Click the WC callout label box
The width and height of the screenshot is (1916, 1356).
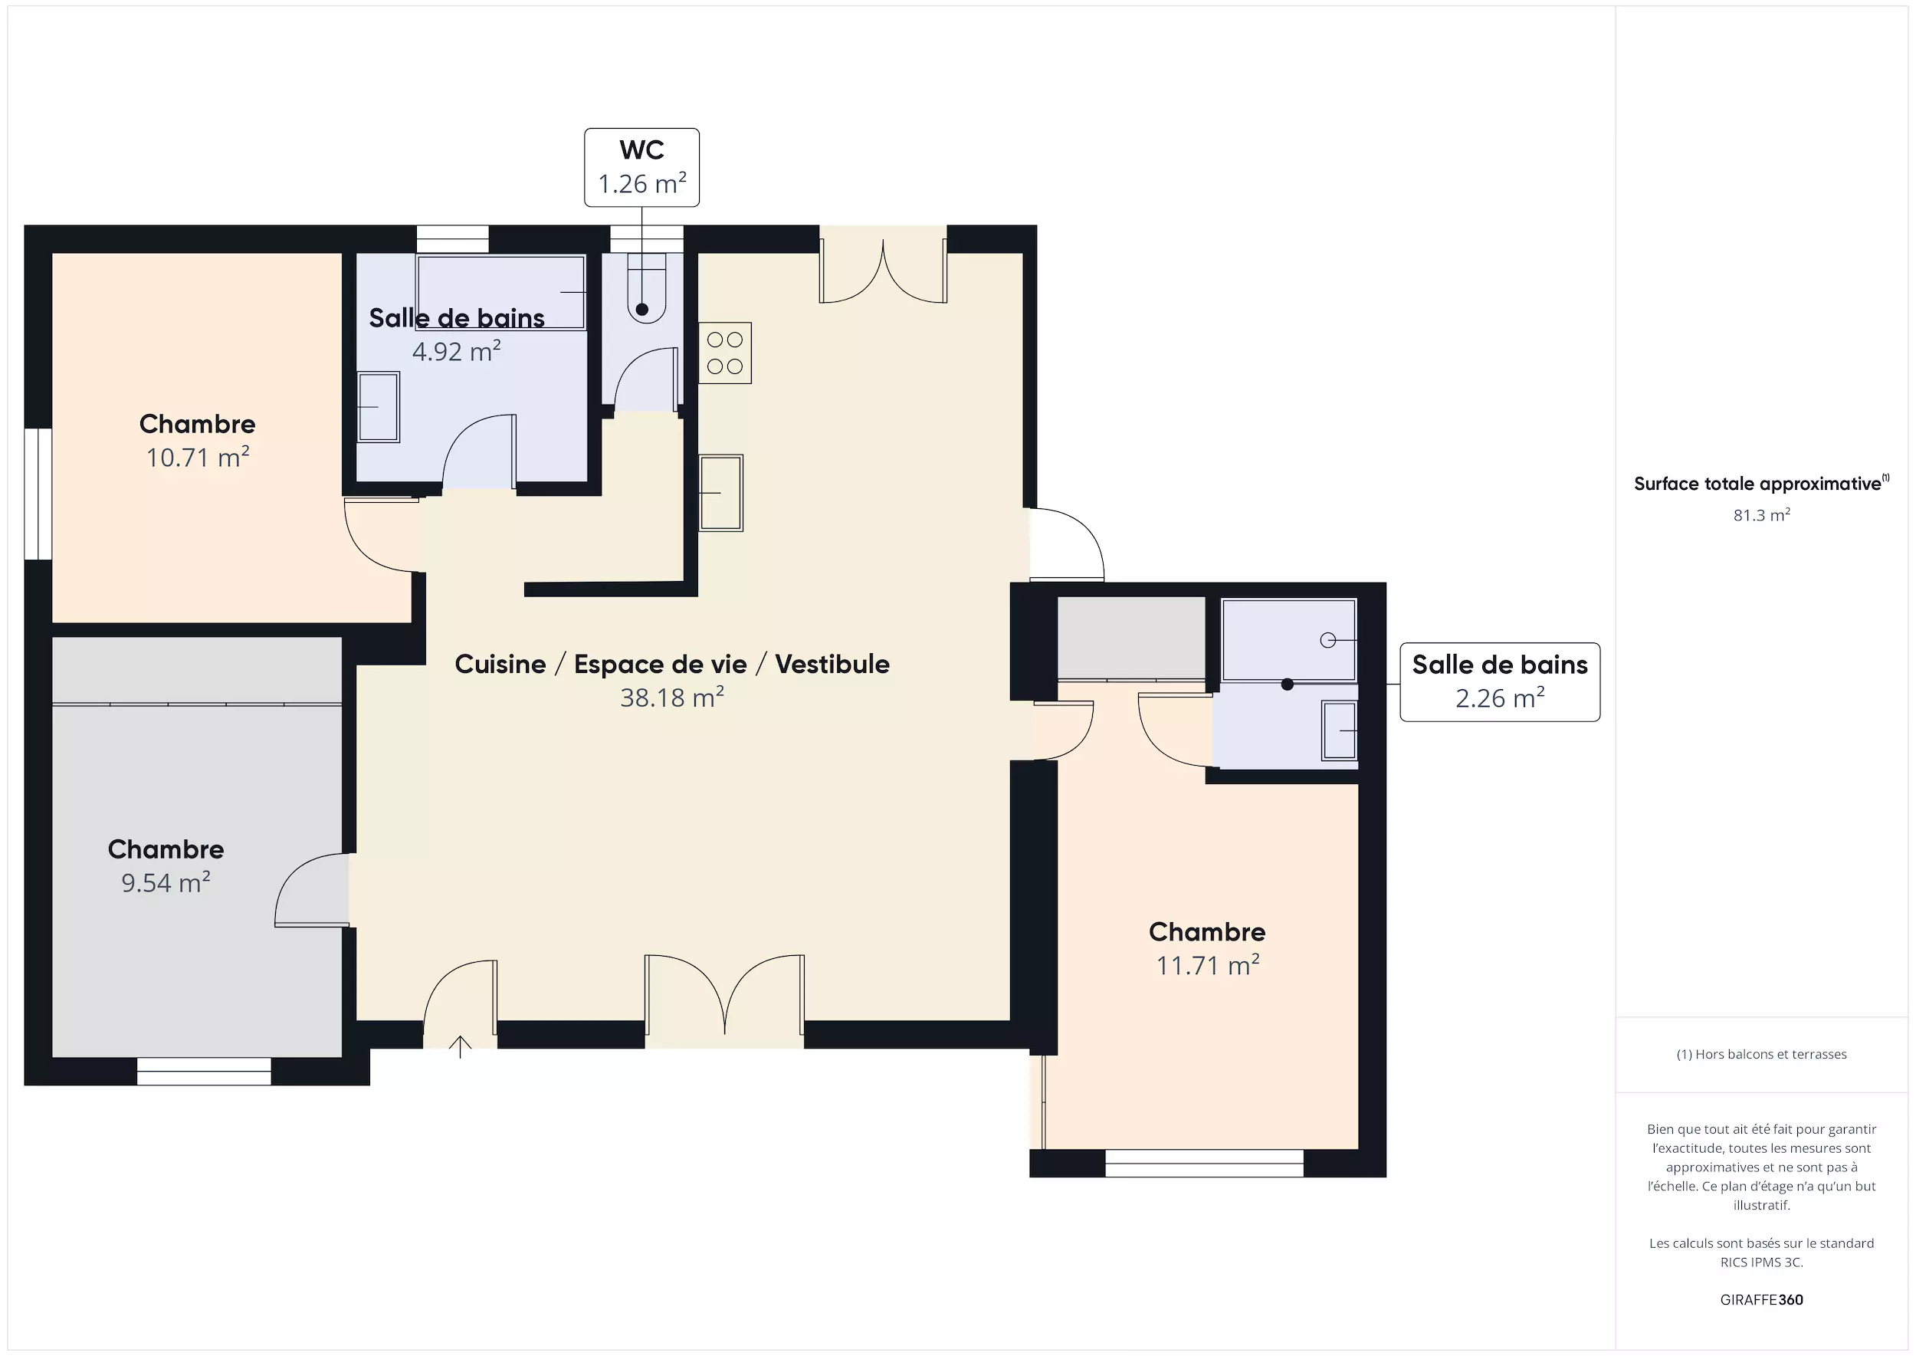(641, 167)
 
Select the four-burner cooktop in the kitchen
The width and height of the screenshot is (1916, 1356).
(725, 353)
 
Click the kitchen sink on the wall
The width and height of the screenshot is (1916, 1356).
(720, 493)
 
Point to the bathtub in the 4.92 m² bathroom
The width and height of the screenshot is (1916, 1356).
(501, 292)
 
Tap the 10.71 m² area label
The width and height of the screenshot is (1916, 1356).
(198, 458)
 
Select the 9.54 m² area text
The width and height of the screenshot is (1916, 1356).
(166, 882)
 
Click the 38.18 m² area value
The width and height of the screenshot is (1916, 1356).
(672, 698)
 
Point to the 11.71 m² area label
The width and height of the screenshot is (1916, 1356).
(1207, 965)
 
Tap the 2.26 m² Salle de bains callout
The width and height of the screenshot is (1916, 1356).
(1499, 681)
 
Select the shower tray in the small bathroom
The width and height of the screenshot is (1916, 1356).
(1289, 639)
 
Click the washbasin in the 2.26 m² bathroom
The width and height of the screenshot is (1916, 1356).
(1339, 731)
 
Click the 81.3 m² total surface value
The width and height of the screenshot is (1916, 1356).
(1761, 515)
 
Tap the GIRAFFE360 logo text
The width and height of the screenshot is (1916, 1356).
(1761, 1299)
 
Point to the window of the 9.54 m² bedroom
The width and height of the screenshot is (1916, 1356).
(204, 1072)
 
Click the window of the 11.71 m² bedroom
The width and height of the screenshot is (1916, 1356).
(1204, 1163)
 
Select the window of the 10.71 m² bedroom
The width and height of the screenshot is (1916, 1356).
(38, 494)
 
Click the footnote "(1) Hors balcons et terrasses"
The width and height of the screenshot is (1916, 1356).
(1761, 1054)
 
